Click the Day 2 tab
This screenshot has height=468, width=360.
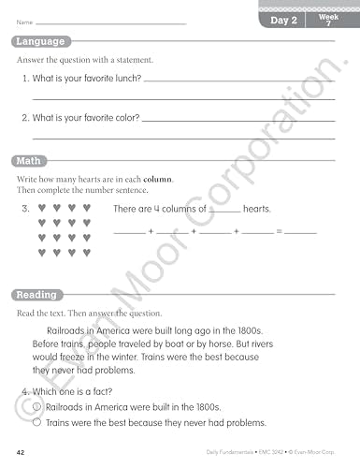pos(283,20)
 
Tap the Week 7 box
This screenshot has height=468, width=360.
pos(328,20)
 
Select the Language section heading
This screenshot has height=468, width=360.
pos(40,41)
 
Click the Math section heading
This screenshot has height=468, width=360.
pos(29,161)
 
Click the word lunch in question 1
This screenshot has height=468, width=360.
pos(126,79)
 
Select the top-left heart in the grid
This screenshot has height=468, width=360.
pos(42,208)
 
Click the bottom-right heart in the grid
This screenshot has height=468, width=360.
pos(87,252)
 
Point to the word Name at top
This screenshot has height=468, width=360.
pos(23,21)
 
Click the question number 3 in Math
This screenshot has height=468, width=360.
pos(25,208)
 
